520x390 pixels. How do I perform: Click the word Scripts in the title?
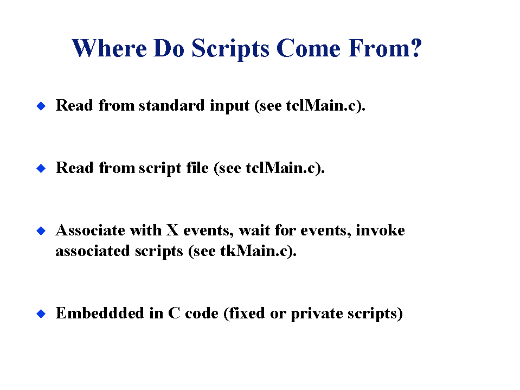tap(230, 49)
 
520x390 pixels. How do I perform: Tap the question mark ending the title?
tap(415, 47)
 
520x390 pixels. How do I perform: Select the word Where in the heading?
tap(109, 48)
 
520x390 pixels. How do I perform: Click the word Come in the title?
tap(308, 48)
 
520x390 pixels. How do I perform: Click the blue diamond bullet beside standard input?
tap(41, 106)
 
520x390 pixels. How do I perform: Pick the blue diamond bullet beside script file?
tap(41, 168)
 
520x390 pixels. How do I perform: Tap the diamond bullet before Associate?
tap(41, 231)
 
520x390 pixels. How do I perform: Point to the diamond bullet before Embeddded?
tap(41, 314)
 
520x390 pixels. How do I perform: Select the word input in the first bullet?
tap(229, 106)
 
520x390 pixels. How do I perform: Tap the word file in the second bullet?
tap(197, 168)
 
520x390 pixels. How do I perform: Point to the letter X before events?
tap(172, 230)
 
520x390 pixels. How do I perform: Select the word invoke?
tap(380, 230)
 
